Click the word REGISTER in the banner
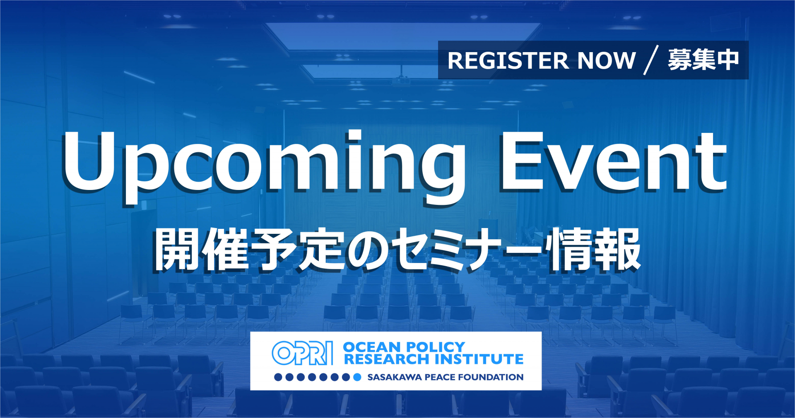[x=508, y=60]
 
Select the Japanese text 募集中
[x=703, y=60]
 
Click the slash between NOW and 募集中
[x=651, y=60]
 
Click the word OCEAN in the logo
[x=371, y=347]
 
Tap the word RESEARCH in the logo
[x=386, y=359]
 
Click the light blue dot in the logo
[x=357, y=377]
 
